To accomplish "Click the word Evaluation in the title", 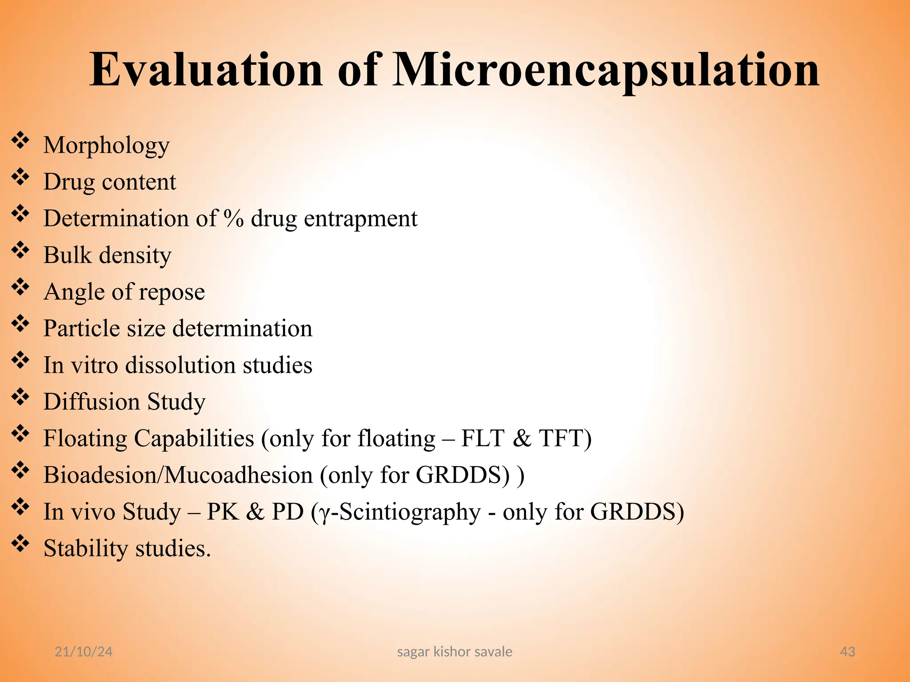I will (206, 70).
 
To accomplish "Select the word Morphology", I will (107, 146).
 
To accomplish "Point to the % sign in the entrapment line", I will (234, 218).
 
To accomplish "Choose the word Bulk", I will (68, 255).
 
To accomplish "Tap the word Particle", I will (82, 329).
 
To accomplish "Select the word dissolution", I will (180, 365).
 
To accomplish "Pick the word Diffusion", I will (92, 402).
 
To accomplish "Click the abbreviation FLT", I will (483, 438).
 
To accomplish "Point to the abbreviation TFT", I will (561, 438).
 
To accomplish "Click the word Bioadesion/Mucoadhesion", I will (178, 475).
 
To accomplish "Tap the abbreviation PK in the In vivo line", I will (223, 511).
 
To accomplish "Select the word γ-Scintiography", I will (400, 512).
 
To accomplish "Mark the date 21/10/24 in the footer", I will (84, 651).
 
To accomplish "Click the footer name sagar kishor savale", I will (455, 651).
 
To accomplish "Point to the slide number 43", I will (848, 651).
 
